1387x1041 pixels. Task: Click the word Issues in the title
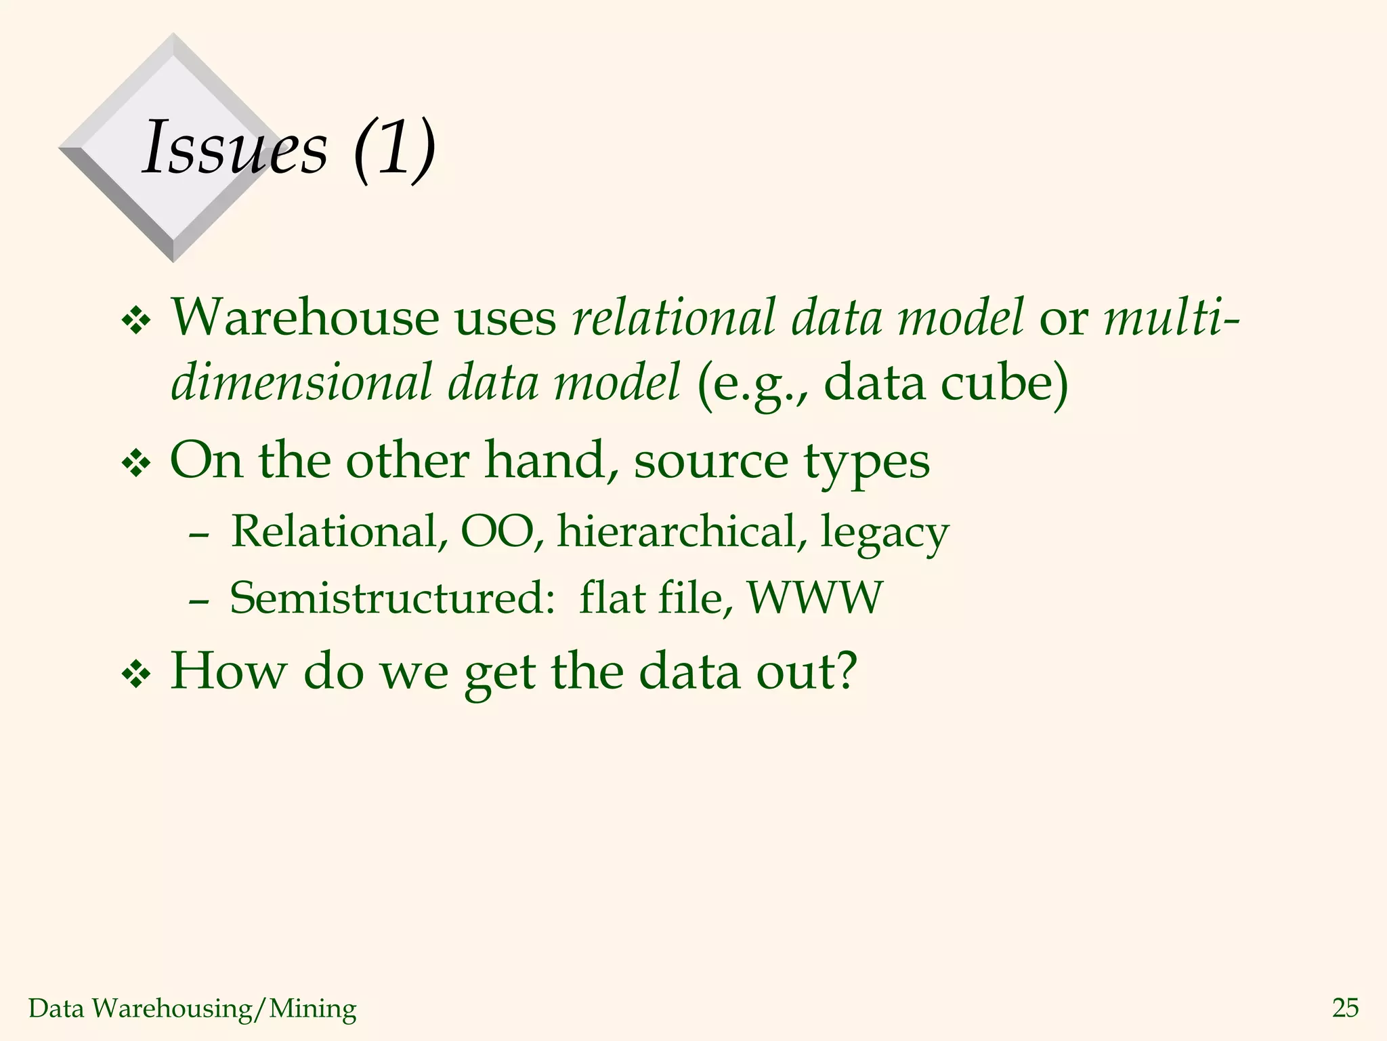[234, 148]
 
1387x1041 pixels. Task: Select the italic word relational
[673, 317]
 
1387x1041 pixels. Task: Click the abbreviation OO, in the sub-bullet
[502, 531]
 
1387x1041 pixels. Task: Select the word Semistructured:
[393, 598]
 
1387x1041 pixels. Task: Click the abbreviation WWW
[815, 598]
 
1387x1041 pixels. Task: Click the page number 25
[1345, 1008]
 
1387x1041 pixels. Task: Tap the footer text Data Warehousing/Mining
[192, 1008]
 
